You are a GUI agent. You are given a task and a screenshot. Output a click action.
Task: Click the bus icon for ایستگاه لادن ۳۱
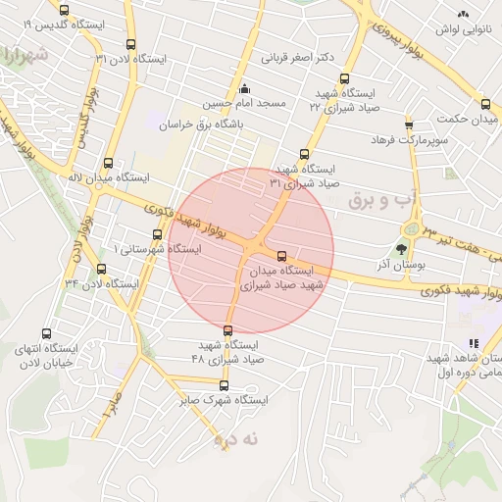[131, 44]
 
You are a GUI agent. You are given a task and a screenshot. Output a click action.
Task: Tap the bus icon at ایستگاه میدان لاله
[108, 164]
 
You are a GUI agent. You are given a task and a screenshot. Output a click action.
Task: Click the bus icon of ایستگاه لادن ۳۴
[102, 270]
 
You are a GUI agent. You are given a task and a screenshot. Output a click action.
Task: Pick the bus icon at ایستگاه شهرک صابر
[224, 385]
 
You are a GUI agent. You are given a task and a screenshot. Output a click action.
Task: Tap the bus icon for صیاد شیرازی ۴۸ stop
[228, 330]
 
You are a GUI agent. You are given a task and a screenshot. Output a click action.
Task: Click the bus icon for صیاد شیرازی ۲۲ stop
[343, 79]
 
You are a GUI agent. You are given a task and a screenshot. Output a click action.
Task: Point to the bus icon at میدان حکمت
[485, 104]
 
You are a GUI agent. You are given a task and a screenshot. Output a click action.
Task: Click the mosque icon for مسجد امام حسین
[244, 89]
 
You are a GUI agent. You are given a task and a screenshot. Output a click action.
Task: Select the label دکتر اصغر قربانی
[305, 58]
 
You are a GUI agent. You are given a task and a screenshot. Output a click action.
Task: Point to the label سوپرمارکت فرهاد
[408, 140]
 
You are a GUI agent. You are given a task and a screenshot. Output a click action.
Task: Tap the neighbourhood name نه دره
[237, 440]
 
